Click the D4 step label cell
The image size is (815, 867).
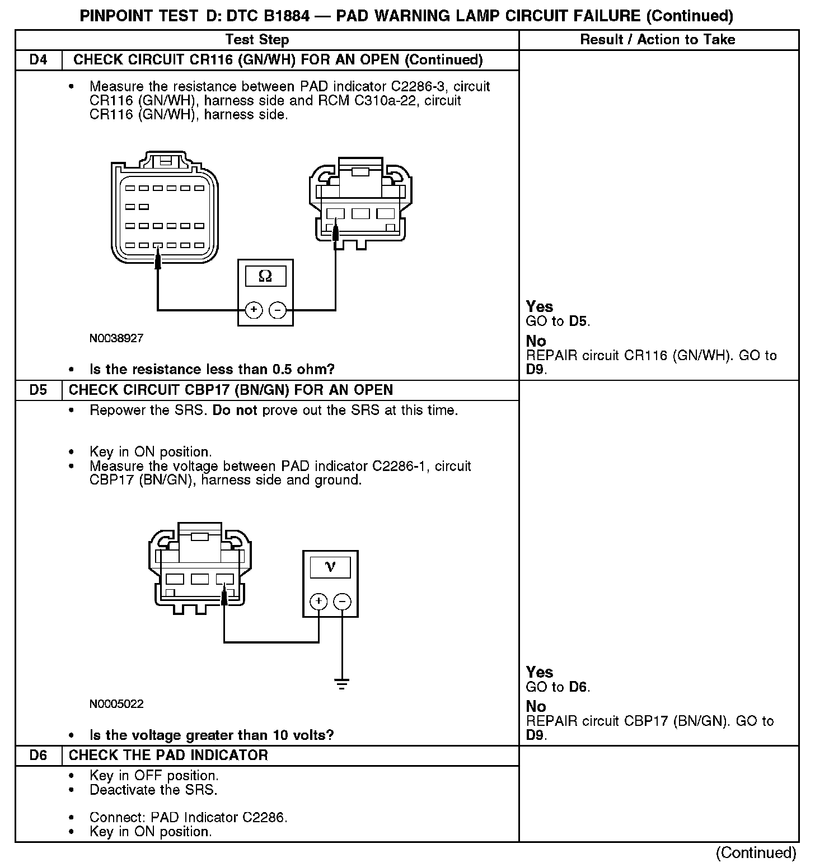[38, 60]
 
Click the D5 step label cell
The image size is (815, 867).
[38, 390]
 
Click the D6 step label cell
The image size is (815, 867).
[38, 755]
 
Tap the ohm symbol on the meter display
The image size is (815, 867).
[265, 276]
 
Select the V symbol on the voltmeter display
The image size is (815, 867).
[330, 567]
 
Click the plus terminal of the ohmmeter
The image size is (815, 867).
[254, 310]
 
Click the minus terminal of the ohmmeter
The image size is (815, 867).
[278, 310]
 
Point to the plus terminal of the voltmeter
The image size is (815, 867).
[318, 602]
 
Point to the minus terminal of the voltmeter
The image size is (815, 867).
[342, 602]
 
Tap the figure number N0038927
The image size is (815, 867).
[116, 338]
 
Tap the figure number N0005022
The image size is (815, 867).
[116, 703]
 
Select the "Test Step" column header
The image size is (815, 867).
[257, 40]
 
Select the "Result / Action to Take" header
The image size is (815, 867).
[658, 40]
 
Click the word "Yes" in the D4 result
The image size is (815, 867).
[540, 306]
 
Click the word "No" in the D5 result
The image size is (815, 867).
[536, 706]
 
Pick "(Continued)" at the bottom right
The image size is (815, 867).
[756, 852]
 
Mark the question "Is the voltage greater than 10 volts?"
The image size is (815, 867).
[212, 735]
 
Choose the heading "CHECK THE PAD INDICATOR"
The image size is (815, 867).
[168, 755]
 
